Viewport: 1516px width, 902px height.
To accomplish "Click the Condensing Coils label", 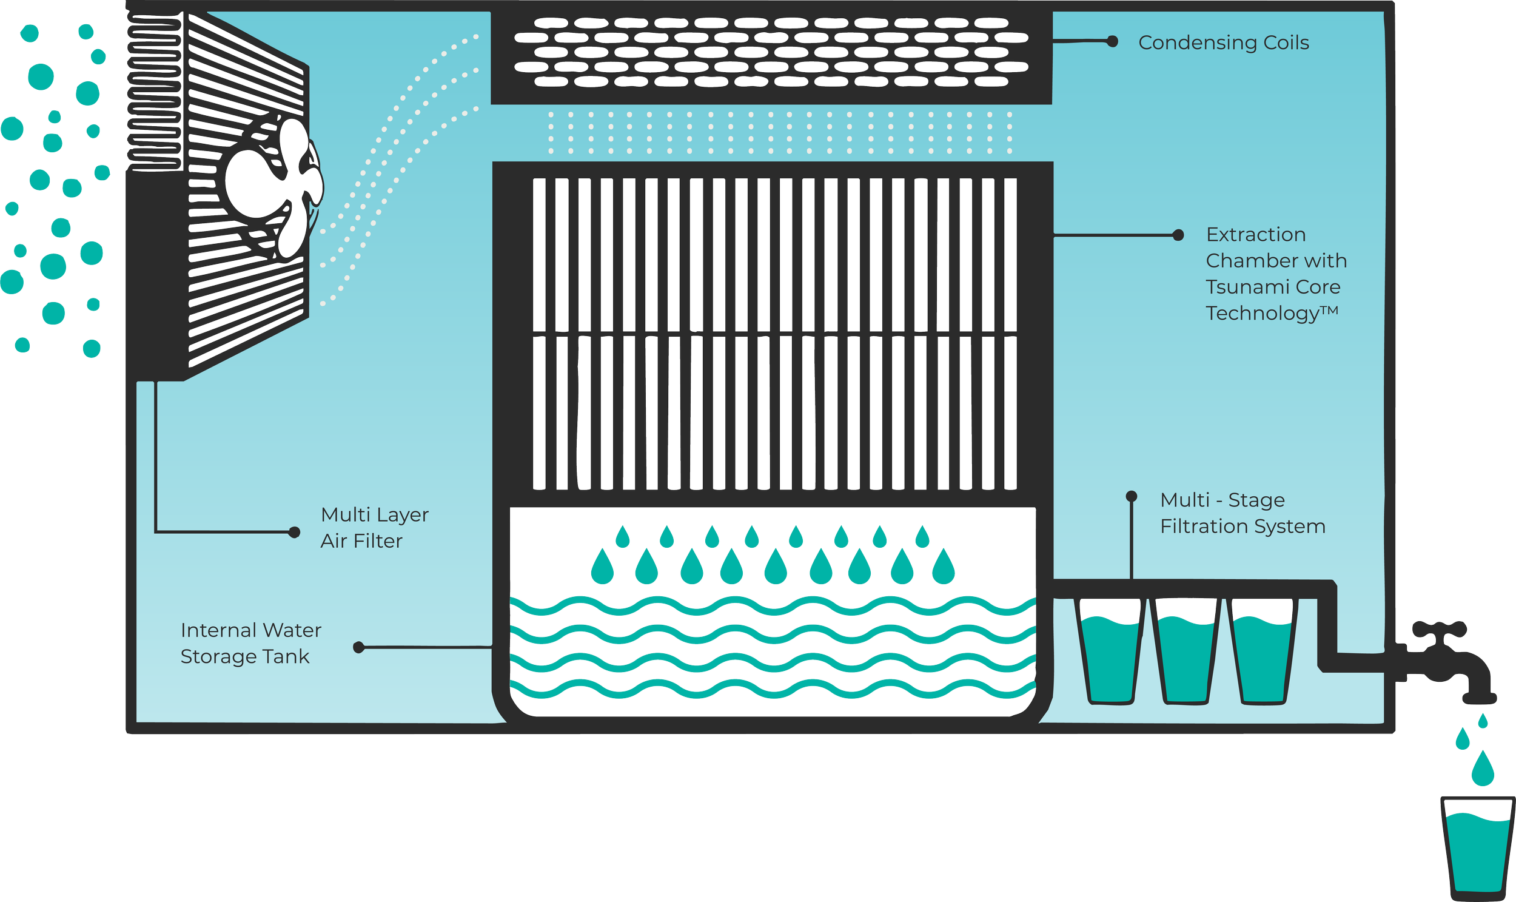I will [1223, 42].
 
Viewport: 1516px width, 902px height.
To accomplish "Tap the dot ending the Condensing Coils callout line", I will [1113, 41].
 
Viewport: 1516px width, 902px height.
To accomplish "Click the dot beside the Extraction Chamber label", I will [1178, 235].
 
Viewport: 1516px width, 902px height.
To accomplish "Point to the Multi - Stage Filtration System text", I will [1242, 513].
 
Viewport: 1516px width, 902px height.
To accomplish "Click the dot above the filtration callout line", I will [1132, 496].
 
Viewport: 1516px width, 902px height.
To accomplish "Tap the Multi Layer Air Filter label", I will [374, 528].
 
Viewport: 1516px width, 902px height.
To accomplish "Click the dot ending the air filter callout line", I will [295, 533].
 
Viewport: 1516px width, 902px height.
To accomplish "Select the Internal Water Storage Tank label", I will [250, 643].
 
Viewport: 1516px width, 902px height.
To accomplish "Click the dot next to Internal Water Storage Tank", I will [359, 647].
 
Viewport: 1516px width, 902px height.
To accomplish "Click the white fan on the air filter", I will [273, 183].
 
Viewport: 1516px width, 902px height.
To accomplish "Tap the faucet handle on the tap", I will [1440, 628].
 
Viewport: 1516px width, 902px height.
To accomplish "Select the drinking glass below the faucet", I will [1477, 848].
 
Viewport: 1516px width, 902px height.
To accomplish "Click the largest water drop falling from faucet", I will [1483, 770].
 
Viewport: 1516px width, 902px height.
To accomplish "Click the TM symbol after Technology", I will [1329, 311].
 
